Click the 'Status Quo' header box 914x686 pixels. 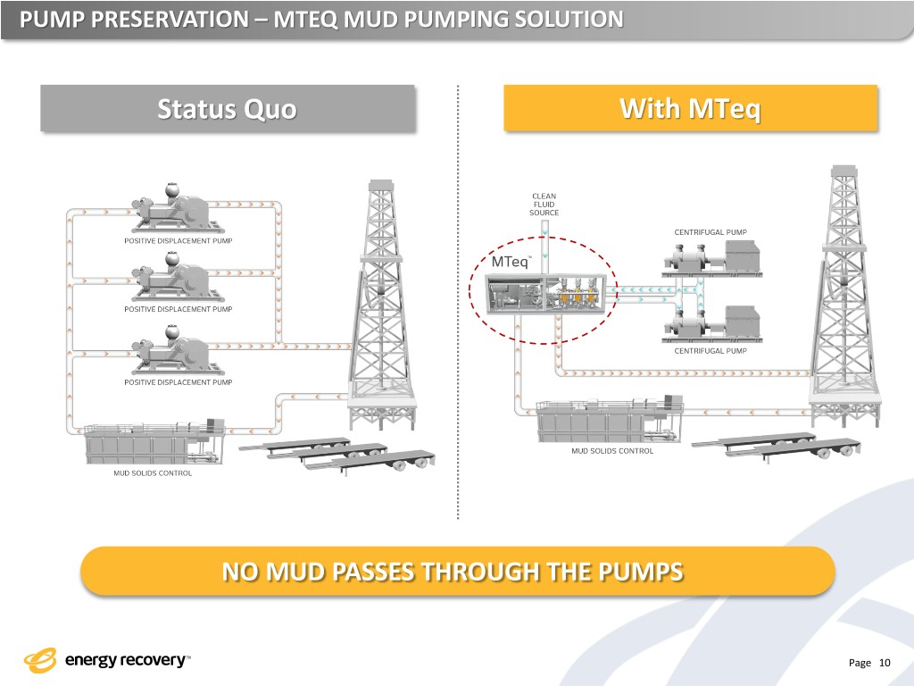click(228, 109)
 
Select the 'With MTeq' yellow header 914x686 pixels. click(690, 109)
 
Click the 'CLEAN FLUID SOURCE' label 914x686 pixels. click(544, 204)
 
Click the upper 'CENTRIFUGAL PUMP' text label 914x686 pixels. click(710, 232)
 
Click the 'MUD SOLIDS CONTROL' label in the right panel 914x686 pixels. click(612, 451)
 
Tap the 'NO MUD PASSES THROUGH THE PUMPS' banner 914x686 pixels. click(457, 571)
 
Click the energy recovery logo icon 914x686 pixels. click(40, 660)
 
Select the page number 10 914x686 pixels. click(885, 662)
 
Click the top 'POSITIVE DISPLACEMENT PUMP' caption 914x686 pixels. click(177, 239)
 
